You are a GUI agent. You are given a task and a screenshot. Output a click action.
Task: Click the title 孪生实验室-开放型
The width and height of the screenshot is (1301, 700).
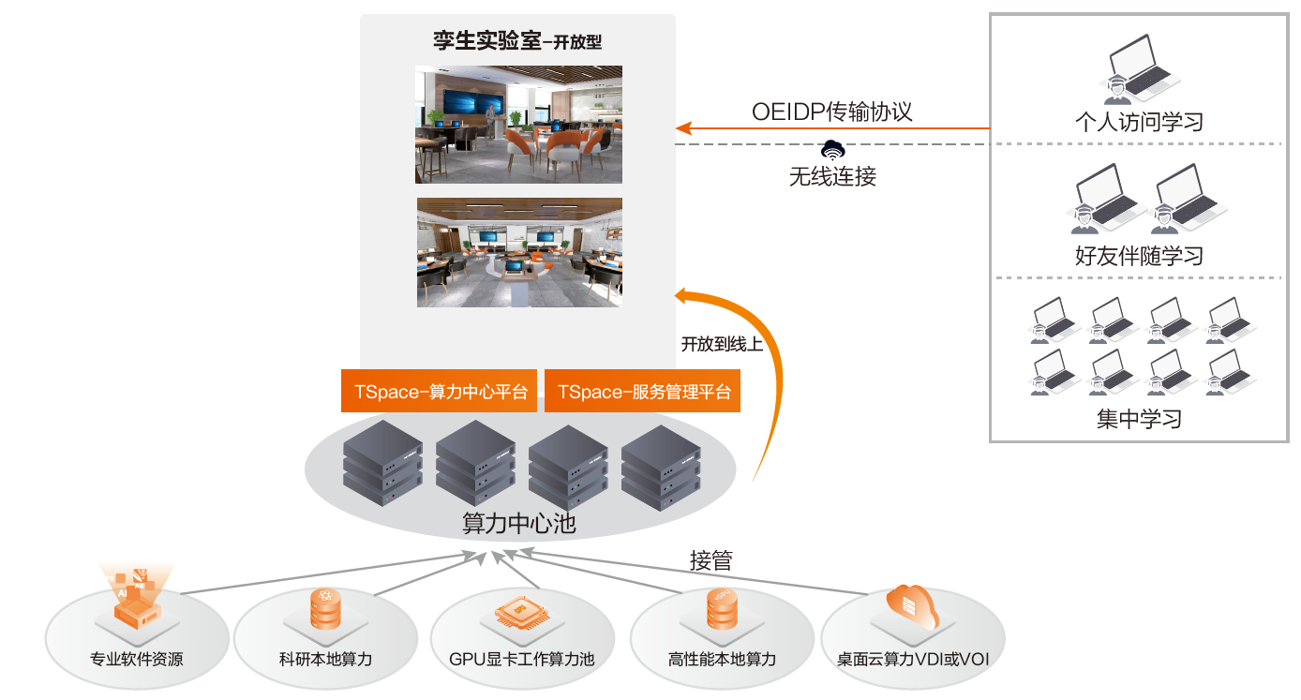click(x=517, y=41)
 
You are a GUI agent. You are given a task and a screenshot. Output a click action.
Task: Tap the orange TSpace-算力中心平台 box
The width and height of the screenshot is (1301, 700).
click(x=439, y=392)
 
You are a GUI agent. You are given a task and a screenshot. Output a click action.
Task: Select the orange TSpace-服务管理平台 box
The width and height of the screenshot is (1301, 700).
click(x=642, y=392)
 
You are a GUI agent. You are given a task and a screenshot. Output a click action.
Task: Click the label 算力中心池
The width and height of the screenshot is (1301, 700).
click(x=519, y=524)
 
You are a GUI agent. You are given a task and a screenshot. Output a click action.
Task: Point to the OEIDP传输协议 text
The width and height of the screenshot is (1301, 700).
click(x=831, y=112)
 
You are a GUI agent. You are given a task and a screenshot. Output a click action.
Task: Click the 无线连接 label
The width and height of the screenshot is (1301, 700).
click(x=832, y=176)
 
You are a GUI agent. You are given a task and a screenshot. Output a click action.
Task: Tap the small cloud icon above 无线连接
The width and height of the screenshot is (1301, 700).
click(x=831, y=148)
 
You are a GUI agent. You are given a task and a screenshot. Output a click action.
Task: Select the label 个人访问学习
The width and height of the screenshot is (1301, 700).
click(x=1139, y=122)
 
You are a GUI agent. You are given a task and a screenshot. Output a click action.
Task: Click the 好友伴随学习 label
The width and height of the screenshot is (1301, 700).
click(x=1139, y=256)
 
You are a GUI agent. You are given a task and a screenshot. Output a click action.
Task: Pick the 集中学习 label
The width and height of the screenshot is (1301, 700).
click(x=1139, y=419)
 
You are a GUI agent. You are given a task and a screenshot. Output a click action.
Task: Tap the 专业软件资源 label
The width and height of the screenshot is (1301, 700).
click(x=137, y=659)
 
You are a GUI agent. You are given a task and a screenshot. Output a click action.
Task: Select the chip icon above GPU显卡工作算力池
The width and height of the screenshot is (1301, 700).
click(x=520, y=614)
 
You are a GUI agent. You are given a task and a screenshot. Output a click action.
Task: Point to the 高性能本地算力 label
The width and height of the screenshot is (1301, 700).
click(x=723, y=659)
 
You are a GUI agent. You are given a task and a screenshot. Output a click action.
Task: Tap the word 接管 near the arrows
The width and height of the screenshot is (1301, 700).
click(x=711, y=561)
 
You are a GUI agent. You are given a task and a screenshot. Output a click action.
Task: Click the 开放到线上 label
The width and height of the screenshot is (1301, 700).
click(x=722, y=344)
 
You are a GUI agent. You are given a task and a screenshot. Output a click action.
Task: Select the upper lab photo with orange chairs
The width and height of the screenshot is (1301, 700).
click(x=519, y=124)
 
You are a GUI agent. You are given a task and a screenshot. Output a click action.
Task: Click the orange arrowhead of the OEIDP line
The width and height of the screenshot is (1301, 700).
click(x=683, y=128)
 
